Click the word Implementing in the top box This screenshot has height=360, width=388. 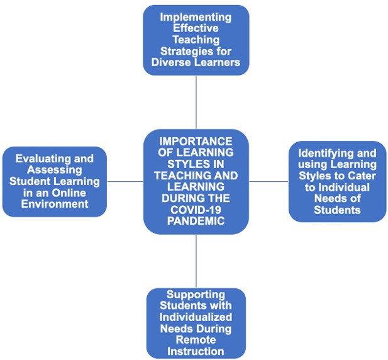(196, 17)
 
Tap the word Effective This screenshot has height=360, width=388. (196, 28)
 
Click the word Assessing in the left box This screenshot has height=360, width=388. (55, 170)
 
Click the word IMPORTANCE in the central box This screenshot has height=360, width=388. (196, 141)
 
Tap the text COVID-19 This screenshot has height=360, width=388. (196, 210)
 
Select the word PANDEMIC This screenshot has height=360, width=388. (196, 221)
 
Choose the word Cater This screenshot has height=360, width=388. (361, 176)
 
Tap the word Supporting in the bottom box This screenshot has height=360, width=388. (196, 295)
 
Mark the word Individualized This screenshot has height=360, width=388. (196, 317)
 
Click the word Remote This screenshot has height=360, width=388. (196, 340)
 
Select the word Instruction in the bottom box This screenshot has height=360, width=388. (196, 351)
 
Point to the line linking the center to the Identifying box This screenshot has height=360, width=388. (269, 181)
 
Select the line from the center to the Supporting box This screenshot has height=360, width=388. (196, 261)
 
